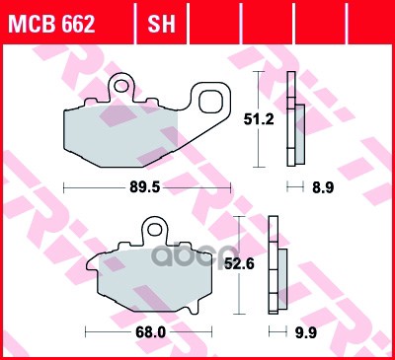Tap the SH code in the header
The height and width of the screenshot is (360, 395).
[161, 24]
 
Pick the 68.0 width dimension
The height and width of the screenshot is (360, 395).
[149, 332]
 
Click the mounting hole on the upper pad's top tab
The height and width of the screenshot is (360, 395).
[124, 86]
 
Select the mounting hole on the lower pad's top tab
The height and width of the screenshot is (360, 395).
[154, 233]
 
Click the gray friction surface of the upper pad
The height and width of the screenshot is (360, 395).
[118, 134]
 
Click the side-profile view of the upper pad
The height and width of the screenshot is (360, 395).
[292, 118]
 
